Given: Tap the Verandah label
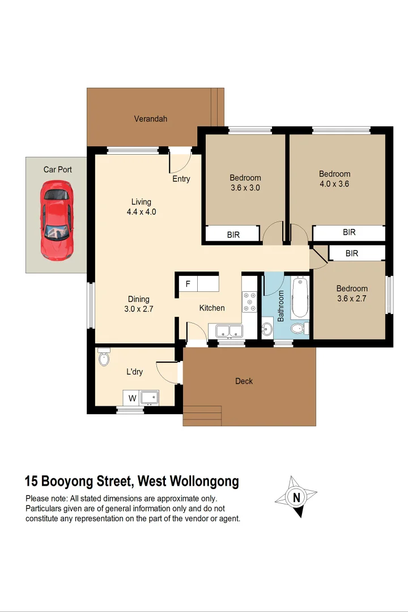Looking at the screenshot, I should pyautogui.click(x=150, y=119).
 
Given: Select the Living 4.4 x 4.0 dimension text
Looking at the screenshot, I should pyautogui.click(x=141, y=212).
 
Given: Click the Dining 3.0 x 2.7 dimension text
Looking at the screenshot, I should pyautogui.click(x=139, y=309).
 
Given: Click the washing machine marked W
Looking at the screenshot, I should pyautogui.click(x=132, y=398).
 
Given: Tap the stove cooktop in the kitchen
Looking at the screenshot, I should pyautogui.click(x=249, y=301).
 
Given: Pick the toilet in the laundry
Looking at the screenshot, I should pyautogui.click(x=103, y=357).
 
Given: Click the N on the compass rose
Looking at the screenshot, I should pyautogui.click(x=296, y=498).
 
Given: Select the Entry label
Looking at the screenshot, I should pyautogui.click(x=181, y=179).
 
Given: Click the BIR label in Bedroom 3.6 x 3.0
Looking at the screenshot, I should pyautogui.click(x=233, y=235).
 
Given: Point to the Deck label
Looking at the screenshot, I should pyautogui.click(x=244, y=381).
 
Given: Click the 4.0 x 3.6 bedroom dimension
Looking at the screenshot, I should pyautogui.click(x=334, y=184).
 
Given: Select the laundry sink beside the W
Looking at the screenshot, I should pyautogui.click(x=150, y=398).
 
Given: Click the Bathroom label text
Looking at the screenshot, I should pyautogui.click(x=280, y=307).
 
